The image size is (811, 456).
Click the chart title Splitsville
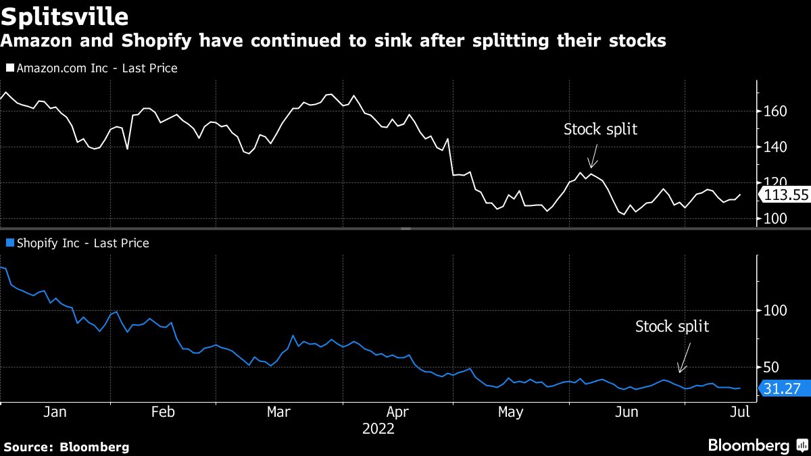click(66, 15)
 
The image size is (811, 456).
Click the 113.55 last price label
click(786, 195)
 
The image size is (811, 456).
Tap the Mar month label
click(279, 412)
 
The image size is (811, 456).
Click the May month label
click(510, 412)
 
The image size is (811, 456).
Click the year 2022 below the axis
click(378, 428)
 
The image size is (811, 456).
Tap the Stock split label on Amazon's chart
click(600, 129)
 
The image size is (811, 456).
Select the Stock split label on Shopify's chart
click(672, 327)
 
